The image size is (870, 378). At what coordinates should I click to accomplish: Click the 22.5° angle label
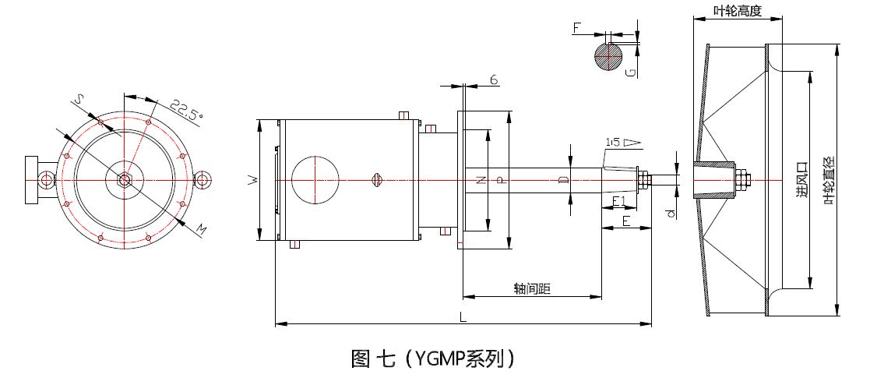(x=186, y=109)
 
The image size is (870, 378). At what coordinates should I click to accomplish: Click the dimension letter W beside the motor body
(x=251, y=180)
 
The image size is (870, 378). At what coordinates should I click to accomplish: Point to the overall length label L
(x=463, y=316)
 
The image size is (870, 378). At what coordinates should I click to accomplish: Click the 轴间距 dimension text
(x=532, y=289)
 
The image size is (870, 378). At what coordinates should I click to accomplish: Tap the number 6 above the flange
(x=494, y=79)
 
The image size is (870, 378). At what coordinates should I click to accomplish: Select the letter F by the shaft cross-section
(x=577, y=28)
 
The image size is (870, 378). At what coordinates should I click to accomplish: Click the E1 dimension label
(x=620, y=202)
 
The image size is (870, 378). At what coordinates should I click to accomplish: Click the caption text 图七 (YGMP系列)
(x=433, y=358)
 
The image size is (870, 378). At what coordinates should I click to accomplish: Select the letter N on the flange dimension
(x=480, y=180)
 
